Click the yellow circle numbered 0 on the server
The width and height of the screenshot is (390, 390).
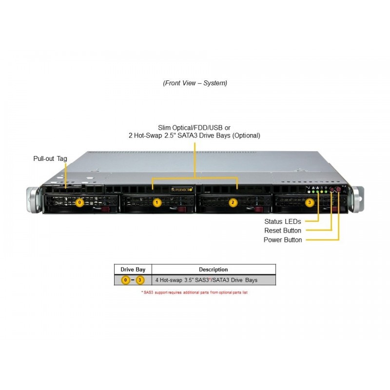[80, 202]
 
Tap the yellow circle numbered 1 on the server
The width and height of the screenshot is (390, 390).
[156, 202]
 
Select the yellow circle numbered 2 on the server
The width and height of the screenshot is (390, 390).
[233, 202]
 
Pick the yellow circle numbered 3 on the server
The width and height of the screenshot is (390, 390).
[309, 202]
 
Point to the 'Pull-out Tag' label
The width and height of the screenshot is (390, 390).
[50, 159]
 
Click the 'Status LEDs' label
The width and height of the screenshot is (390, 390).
[282, 221]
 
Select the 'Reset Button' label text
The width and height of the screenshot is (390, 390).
[283, 231]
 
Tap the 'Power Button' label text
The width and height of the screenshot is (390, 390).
[283, 240]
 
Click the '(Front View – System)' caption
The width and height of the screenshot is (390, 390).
[195, 83]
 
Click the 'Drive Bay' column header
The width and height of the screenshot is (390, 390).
[133, 270]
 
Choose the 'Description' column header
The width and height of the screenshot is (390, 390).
[213, 270]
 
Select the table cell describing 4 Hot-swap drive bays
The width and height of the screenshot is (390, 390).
[206, 280]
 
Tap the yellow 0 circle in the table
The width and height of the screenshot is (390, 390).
[126, 280]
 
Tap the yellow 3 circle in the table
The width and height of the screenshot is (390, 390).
[140, 280]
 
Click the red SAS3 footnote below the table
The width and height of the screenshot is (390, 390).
[195, 292]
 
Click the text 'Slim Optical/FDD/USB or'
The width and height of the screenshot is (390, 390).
[195, 127]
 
